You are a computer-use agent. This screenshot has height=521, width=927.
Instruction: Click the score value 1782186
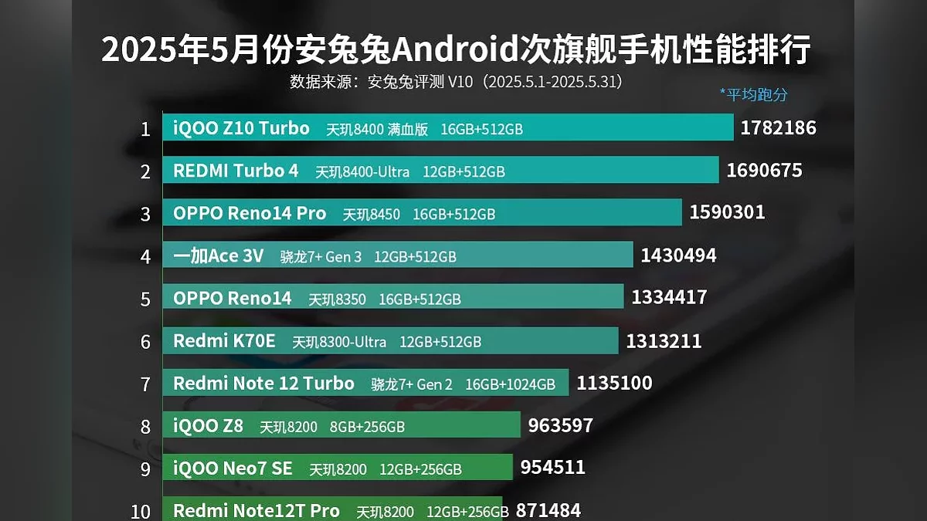coord(778,128)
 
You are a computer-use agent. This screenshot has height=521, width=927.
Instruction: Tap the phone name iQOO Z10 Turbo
coord(241,128)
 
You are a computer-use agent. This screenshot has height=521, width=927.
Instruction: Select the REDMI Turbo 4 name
coord(236,171)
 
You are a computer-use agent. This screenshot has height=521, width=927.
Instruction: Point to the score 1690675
coord(764,171)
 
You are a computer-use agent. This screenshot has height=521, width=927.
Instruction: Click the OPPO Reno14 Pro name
coord(250,213)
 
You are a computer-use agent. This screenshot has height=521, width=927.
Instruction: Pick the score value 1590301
coord(727,212)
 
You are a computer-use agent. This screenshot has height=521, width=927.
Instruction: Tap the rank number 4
coord(145,256)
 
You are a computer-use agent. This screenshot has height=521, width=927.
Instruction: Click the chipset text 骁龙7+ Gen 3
coord(321,256)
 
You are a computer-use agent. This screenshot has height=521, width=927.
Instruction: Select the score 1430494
coord(678,255)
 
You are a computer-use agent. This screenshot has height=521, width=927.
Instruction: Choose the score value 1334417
coord(669,297)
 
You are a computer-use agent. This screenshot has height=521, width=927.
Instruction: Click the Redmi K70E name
coord(224,340)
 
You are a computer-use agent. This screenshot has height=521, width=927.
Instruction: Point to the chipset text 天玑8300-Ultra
coord(339,341)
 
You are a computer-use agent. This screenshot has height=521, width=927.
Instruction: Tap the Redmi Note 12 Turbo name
coord(263,383)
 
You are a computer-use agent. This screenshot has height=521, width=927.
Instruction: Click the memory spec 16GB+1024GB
coord(510,384)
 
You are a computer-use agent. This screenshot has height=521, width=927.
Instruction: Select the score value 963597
coord(561,425)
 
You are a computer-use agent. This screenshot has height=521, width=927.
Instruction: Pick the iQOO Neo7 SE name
coord(232,468)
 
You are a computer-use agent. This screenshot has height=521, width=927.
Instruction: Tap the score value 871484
coord(548,510)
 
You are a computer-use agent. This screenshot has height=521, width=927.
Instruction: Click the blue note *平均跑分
coord(753,94)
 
